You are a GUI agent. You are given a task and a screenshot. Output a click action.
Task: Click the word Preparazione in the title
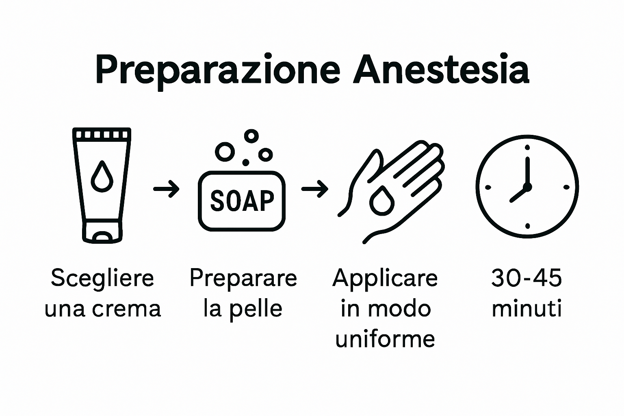(217, 70)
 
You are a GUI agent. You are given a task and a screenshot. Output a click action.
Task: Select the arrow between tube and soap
(166, 188)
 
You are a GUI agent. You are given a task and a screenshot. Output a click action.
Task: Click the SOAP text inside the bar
(242, 201)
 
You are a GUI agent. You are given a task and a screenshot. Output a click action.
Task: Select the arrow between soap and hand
(314, 188)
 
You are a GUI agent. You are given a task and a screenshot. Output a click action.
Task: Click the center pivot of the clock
(527, 187)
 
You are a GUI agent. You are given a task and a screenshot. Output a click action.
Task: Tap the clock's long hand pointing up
(527, 171)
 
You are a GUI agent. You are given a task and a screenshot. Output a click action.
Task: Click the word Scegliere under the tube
(102, 279)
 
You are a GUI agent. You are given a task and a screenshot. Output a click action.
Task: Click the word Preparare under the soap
(243, 279)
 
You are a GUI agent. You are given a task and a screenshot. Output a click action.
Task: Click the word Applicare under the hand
(385, 279)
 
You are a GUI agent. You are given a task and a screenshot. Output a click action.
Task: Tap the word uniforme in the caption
(385, 339)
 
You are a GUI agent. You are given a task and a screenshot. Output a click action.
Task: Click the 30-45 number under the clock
(526, 279)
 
